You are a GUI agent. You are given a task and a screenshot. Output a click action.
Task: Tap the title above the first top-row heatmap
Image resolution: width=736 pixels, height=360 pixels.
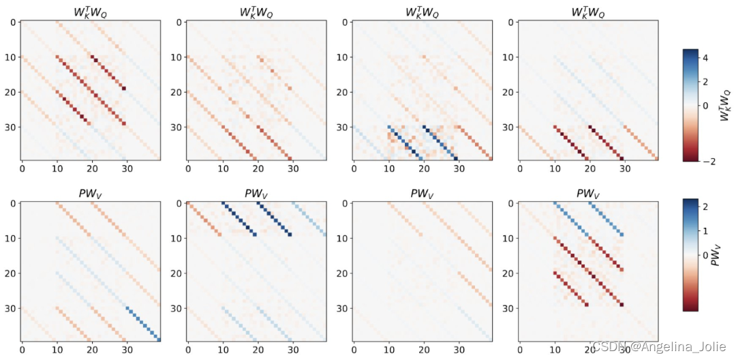[91, 11]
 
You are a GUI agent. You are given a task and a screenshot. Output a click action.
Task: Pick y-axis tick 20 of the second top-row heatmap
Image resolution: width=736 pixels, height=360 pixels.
[175, 92]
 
